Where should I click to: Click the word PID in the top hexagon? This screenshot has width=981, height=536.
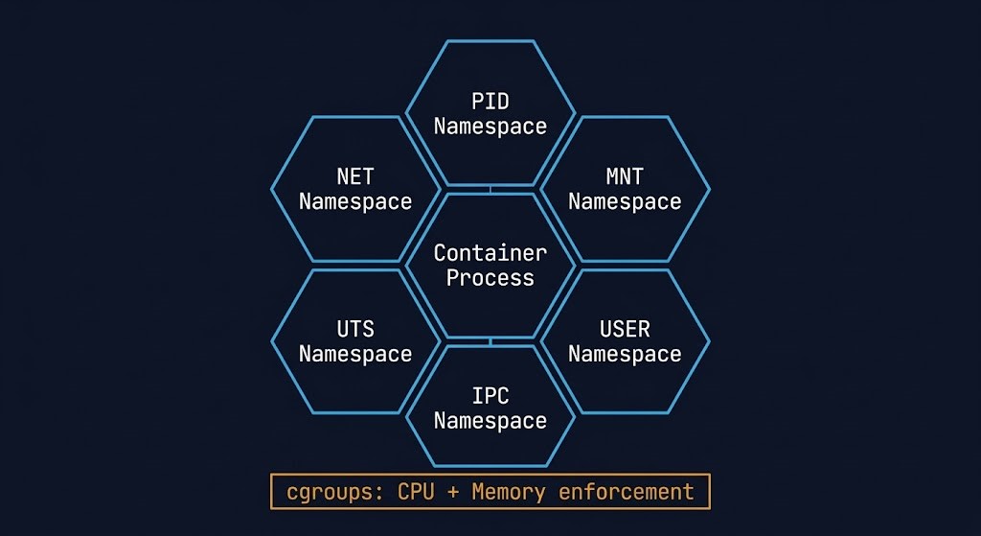490,101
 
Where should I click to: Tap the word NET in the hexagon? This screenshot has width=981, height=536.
355,177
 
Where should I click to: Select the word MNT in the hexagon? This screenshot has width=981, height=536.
625,177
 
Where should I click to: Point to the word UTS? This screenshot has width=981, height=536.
355,330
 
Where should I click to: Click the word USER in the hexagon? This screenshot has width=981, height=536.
625,330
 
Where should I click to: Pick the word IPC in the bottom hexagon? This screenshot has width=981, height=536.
490,396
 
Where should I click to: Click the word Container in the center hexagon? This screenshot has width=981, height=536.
490,253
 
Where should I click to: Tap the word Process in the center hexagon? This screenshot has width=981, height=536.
490,278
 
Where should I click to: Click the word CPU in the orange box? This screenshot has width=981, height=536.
417,493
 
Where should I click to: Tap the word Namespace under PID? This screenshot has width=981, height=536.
490,127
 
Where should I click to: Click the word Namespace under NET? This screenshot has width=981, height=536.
355,202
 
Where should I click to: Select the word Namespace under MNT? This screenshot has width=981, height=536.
625,202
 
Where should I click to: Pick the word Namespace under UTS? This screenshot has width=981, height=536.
355,355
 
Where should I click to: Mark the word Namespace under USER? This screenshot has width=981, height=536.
625,355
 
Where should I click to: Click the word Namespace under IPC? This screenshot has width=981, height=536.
490,421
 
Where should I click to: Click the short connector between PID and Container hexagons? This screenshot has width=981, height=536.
490,189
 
